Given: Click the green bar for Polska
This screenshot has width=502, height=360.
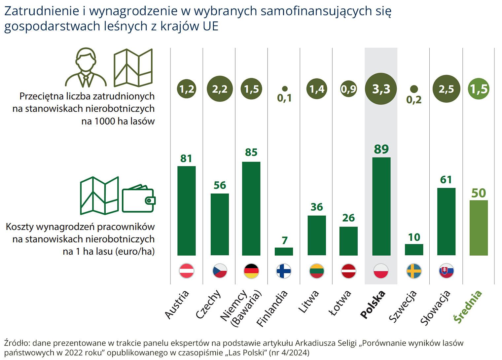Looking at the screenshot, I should pyautogui.click(x=381, y=206).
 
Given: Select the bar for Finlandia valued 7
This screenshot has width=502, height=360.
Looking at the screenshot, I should pyautogui.click(x=284, y=251).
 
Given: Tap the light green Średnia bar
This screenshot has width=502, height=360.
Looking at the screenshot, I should pyautogui.click(x=478, y=228).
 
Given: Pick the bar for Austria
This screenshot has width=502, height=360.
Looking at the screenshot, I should pyautogui.click(x=186, y=211).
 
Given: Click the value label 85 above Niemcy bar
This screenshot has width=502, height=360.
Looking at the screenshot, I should pyautogui.click(x=251, y=152).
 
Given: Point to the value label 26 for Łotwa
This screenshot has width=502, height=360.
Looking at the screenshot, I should pyautogui.click(x=348, y=218).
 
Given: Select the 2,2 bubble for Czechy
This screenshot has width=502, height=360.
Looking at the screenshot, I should pyautogui.click(x=220, y=89).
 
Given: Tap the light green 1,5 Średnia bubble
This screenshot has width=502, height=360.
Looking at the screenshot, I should pyautogui.click(x=479, y=89).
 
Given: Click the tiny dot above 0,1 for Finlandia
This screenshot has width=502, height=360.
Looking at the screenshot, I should pyautogui.click(x=284, y=89).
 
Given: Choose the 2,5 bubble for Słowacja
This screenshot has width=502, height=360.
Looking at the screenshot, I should pyautogui.click(x=446, y=89).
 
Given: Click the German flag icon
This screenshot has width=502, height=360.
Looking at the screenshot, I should pyautogui.click(x=251, y=271).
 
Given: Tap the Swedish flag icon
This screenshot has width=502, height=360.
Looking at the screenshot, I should pyautogui.click(x=414, y=271).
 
